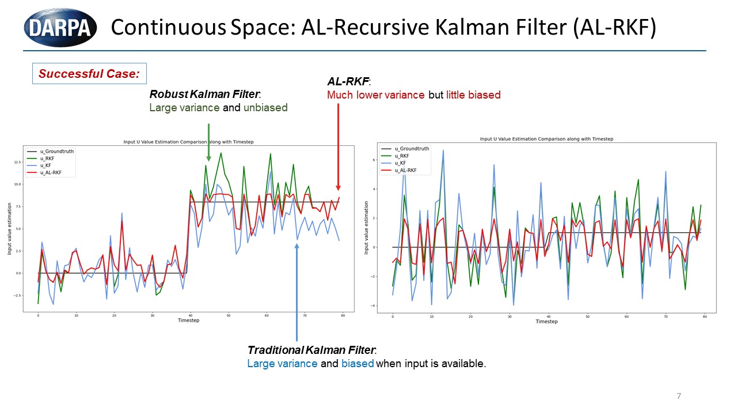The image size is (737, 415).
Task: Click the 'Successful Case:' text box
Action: tap(89, 74)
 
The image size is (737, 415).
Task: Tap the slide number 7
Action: tap(679, 396)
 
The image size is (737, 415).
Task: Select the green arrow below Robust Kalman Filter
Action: tap(208, 142)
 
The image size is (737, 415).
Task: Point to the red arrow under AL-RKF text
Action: tap(338, 146)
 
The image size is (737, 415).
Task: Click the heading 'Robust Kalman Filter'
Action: tap(204, 94)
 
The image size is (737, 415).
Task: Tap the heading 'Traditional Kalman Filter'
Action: tap(311, 350)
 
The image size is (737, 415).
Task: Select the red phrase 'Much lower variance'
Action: tap(376, 95)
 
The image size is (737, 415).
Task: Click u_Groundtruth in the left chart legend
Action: tap(56, 152)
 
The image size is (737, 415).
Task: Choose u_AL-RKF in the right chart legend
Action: tap(405, 171)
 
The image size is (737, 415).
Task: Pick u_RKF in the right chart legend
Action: tap(401, 156)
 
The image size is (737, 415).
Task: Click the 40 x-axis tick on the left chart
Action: tap(190, 315)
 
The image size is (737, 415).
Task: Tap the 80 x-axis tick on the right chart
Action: tap(705, 316)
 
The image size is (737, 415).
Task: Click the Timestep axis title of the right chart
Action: tap(546, 322)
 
